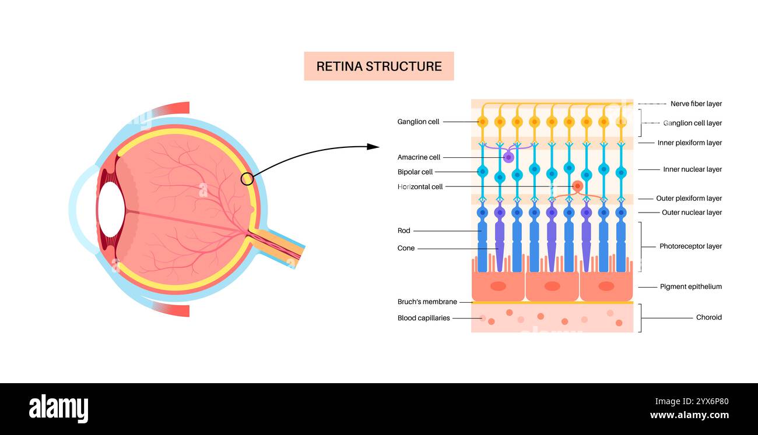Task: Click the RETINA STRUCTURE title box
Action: tap(378, 66)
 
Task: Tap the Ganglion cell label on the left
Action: tap(418, 122)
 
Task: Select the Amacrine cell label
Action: tap(419, 157)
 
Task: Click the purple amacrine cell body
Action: tap(508, 157)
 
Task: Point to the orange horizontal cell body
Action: tap(577, 186)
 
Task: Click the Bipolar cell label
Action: tap(415, 172)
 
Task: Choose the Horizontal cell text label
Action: tap(420, 187)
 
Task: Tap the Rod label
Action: tap(403, 231)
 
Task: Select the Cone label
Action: tap(406, 248)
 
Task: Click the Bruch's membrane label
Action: tap(427, 302)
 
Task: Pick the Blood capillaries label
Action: tap(423, 318)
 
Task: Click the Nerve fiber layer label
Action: tap(696, 104)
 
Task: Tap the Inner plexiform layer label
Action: tap(689, 143)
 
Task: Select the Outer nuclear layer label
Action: tap(692, 213)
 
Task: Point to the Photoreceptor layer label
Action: tap(690, 246)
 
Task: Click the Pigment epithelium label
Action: tap(690, 287)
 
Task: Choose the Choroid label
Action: tap(708, 317)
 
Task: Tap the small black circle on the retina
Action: tap(247, 179)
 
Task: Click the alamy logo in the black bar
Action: tap(58, 409)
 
